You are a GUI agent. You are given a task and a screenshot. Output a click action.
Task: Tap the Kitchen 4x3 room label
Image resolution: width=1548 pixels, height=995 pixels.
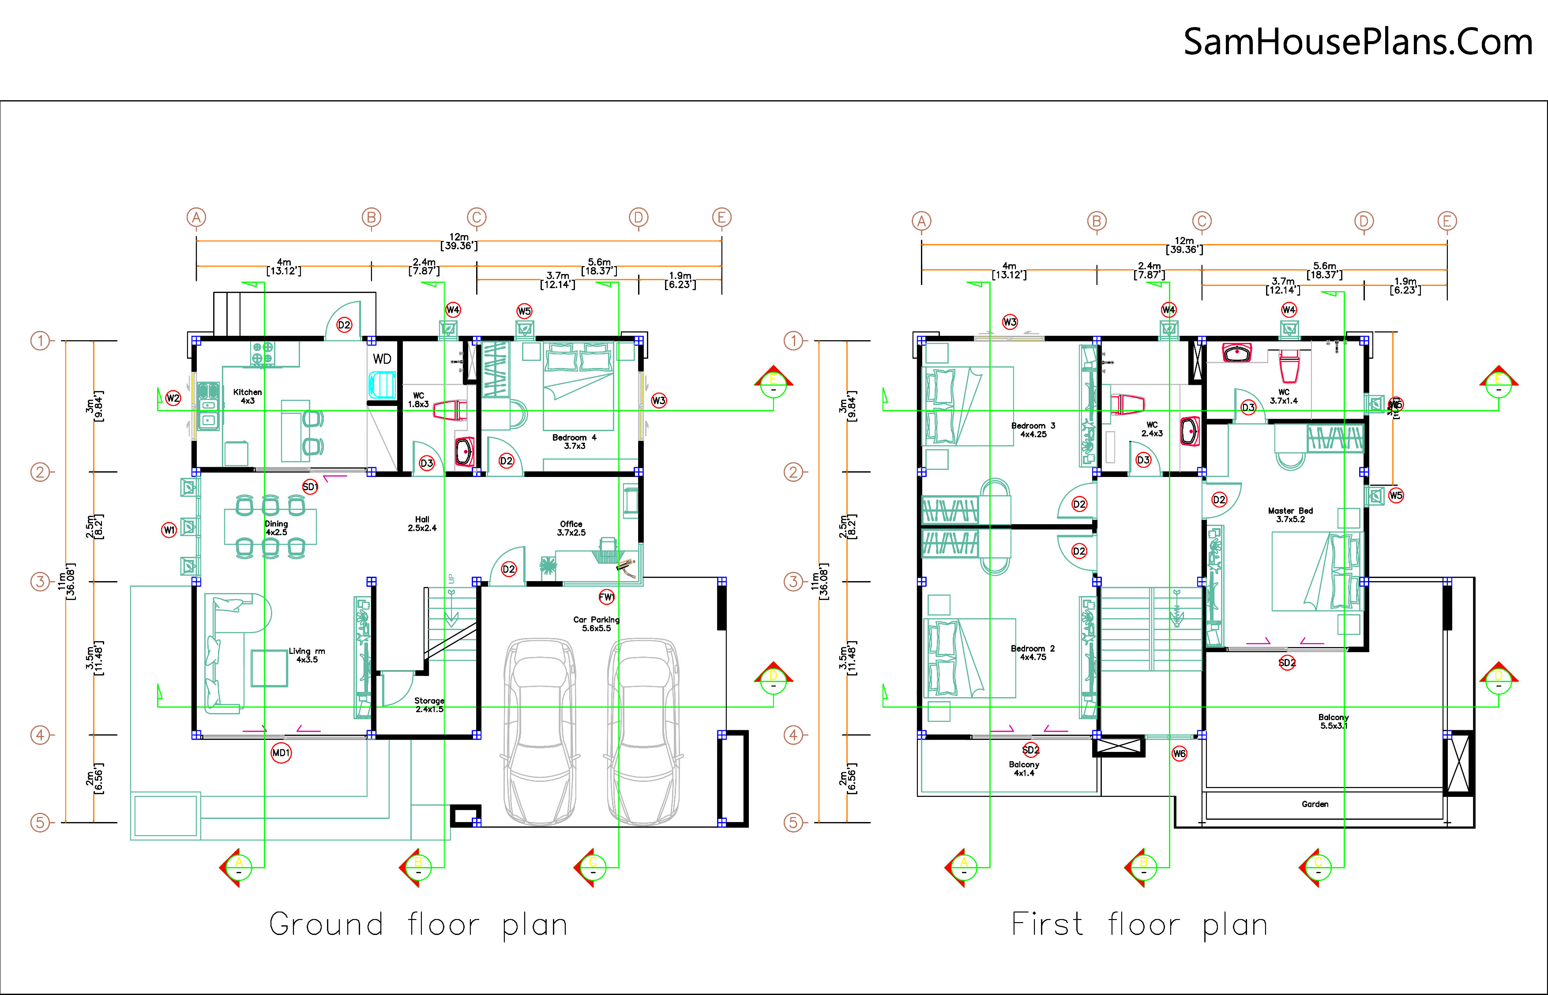[248, 396]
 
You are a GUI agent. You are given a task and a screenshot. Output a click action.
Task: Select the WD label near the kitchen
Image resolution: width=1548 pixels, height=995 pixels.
[382, 359]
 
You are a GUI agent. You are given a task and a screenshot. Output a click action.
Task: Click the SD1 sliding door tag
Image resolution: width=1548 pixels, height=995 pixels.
[310, 487]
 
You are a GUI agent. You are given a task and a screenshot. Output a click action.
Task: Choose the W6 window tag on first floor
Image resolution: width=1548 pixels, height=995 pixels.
[1179, 753]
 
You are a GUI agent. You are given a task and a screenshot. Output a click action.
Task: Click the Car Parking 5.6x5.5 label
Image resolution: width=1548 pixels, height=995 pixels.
[596, 623]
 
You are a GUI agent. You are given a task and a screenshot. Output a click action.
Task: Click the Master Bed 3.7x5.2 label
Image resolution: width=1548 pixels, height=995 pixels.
[1290, 514]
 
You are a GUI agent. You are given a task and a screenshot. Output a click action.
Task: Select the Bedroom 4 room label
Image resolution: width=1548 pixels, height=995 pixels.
[575, 441]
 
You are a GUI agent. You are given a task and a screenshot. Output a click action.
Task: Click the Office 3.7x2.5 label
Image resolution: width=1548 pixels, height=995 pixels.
[571, 528]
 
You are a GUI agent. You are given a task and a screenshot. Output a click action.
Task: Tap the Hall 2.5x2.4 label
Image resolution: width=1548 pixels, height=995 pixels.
[422, 523]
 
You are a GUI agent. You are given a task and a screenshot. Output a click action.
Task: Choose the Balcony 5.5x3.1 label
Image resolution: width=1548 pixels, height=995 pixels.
[1334, 721]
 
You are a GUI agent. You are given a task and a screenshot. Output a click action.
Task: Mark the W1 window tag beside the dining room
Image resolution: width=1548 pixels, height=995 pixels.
[169, 530]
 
